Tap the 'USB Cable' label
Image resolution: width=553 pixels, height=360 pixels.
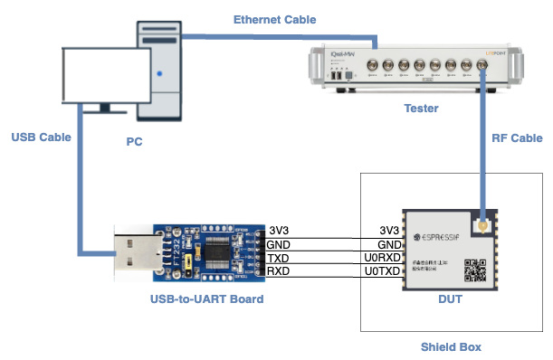tap(41, 137)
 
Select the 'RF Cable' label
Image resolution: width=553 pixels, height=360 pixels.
tap(517, 138)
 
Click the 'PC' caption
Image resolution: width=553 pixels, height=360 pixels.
tap(133, 142)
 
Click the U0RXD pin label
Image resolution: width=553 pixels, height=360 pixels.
tap(382, 258)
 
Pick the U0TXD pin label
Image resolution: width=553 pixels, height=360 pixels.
tap(382, 271)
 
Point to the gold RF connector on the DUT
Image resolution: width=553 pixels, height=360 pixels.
tap(483, 222)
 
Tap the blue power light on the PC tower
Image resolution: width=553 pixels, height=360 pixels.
tap(160, 72)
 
